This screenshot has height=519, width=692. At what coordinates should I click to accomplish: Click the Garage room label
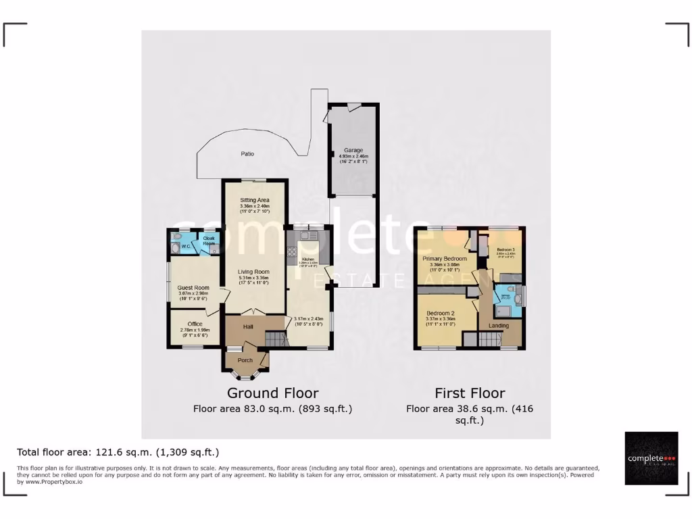(353, 150)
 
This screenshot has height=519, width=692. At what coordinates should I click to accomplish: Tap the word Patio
(247, 154)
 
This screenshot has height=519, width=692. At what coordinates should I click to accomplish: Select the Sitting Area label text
(255, 201)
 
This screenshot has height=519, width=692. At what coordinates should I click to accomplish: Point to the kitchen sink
(308, 236)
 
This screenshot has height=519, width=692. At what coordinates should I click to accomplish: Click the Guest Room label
(194, 288)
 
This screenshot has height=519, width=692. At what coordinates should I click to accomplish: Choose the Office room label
(194, 324)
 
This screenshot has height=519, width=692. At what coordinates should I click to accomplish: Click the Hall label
(247, 326)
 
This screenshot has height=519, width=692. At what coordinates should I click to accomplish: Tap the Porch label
(244, 360)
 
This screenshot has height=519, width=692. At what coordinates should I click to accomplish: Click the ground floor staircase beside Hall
(276, 338)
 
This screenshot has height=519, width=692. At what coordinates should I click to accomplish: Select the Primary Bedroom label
(445, 259)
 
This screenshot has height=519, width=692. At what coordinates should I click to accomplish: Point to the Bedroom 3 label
(503, 250)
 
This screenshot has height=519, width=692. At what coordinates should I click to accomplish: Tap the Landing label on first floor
(499, 326)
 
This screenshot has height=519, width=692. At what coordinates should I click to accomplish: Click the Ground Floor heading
(272, 393)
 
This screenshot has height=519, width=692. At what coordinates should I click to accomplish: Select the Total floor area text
(118, 452)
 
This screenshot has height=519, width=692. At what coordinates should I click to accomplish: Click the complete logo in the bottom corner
(651, 458)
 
